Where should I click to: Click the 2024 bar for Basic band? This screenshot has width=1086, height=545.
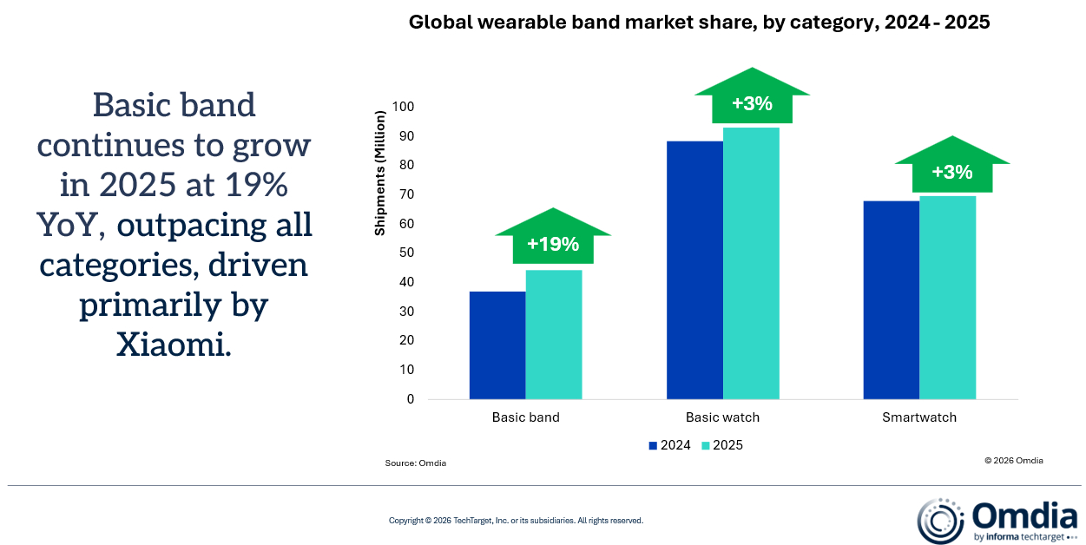click(x=497, y=345)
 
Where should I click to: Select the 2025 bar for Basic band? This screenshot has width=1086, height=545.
click(x=553, y=335)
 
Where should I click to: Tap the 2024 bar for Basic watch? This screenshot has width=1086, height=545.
click(x=694, y=270)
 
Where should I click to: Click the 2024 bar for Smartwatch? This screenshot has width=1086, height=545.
click(x=892, y=300)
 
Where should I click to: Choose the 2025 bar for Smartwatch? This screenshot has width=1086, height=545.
click(x=947, y=298)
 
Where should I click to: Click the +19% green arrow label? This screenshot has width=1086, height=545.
click(x=553, y=244)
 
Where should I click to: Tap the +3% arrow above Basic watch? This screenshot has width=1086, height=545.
click(x=752, y=103)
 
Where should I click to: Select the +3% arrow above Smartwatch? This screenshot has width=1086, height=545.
click(x=951, y=172)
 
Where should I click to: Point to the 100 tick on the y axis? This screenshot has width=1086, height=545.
click(x=403, y=107)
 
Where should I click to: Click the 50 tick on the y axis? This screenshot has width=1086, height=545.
click(x=406, y=253)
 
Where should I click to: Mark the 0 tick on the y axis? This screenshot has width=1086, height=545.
click(x=411, y=399)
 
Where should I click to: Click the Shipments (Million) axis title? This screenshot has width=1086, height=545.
click(x=379, y=174)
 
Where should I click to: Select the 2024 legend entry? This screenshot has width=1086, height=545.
click(x=669, y=445)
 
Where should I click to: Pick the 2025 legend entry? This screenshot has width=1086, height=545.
click(x=722, y=445)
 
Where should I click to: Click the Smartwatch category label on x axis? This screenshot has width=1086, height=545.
click(x=919, y=417)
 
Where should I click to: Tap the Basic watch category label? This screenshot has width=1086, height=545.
click(x=722, y=417)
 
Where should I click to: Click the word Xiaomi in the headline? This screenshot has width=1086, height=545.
click(x=174, y=345)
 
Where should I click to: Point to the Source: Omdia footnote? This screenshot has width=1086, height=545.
click(x=416, y=463)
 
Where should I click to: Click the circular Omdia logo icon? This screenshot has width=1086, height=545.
click(x=940, y=521)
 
